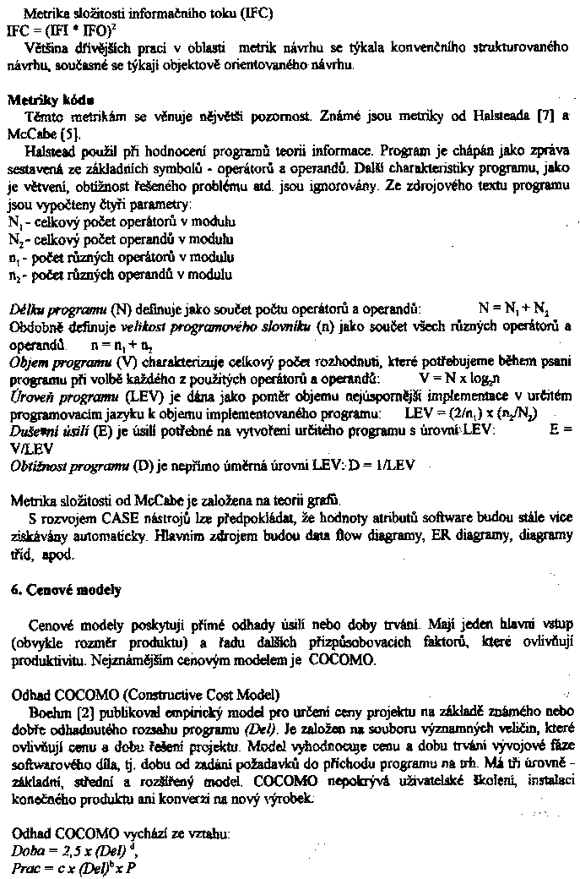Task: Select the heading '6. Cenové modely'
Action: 66,589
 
